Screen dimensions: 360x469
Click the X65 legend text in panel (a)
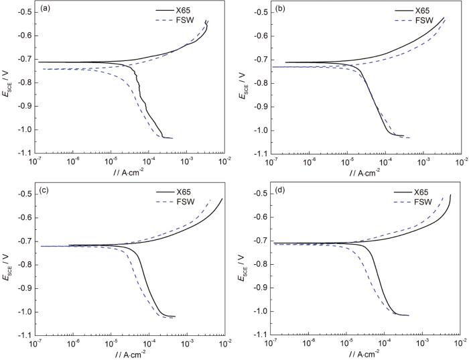point(196,11)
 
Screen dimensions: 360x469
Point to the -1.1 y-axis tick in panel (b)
point(259,154)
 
